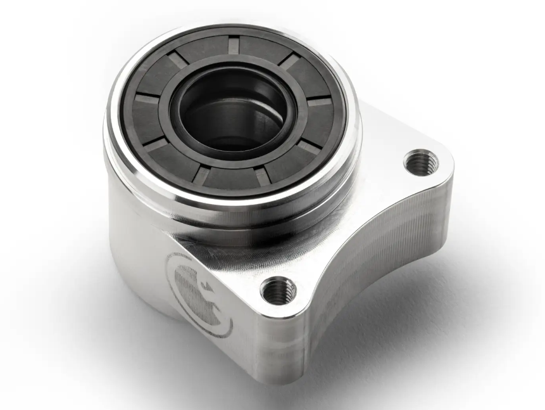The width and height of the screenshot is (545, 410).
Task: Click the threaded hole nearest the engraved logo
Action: [278, 291]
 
